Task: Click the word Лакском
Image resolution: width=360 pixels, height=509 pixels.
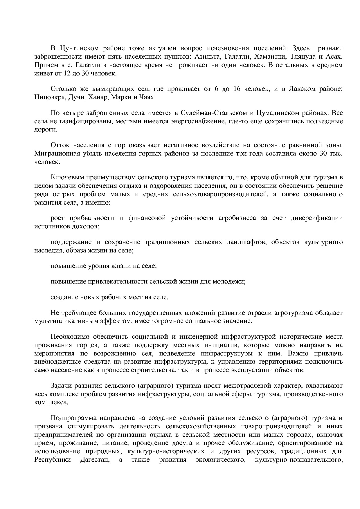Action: click(302, 89)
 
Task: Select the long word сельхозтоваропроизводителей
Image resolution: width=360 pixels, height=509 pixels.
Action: click(220, 194)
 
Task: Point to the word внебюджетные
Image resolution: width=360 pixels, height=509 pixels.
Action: click(56, 362)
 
